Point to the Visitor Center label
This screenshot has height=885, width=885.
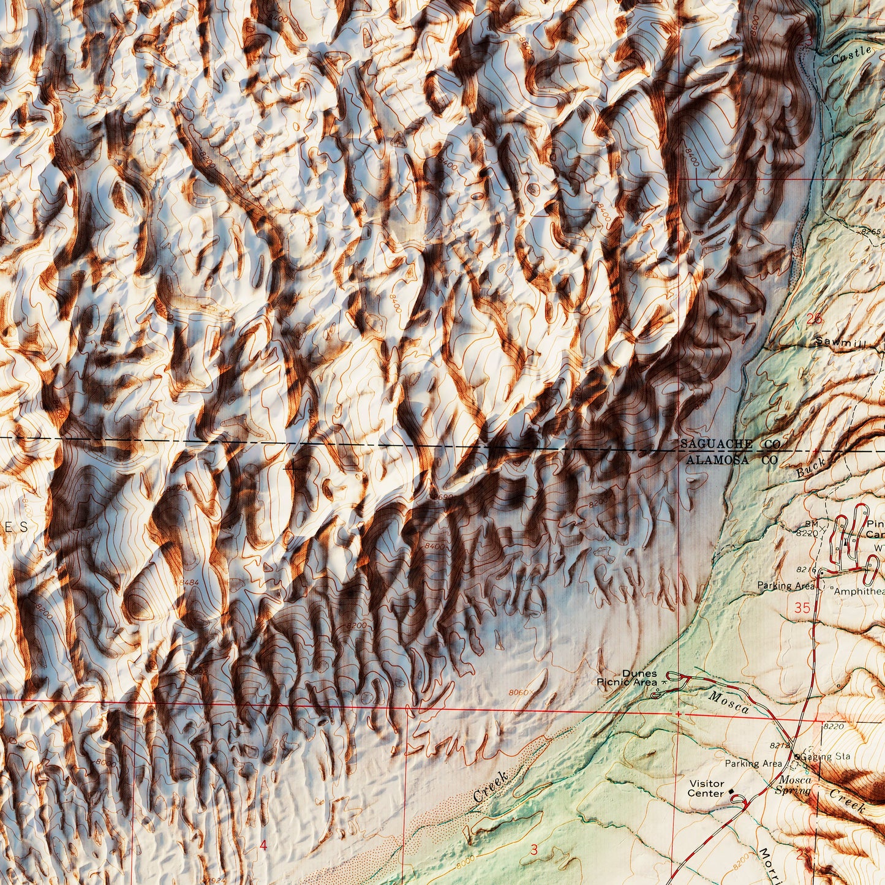[x=706, y=788]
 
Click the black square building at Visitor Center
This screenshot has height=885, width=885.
[x=731, y=792]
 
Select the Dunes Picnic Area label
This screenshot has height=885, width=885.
[x=630, y=677]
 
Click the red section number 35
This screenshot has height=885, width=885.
[x=802, y=608]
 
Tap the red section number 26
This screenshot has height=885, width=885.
[x=814, y=318]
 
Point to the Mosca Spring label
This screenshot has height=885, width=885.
[x=795, y=785]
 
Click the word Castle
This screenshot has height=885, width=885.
[x=851, y=55]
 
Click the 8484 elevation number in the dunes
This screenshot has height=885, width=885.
[x=190, y=582]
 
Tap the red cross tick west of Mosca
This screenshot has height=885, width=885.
[x=679, y=714]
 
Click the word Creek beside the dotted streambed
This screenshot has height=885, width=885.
[x=491, y=786]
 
